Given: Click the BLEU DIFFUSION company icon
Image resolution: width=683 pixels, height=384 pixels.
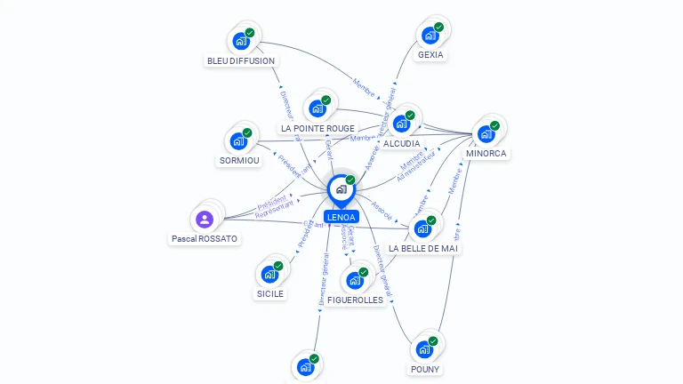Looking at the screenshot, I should (240, 41).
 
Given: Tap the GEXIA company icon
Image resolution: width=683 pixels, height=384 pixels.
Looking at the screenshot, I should (430, 36).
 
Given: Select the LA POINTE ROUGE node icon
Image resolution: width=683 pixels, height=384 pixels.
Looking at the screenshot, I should (317, 109).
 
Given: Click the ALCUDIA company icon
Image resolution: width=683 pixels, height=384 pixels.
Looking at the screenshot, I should (401, 124).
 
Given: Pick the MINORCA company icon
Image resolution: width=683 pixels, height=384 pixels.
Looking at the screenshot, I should (486, 134).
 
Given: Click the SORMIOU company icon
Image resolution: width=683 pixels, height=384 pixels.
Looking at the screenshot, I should (238, 141).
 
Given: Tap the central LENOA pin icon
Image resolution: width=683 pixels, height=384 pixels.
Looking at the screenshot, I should (341, 188).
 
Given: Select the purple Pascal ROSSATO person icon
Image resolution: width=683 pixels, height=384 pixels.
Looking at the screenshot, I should (205, 219).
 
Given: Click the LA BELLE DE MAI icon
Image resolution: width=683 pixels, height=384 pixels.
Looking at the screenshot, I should (422, 228).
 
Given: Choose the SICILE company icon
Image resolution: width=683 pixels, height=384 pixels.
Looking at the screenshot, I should (269, 275).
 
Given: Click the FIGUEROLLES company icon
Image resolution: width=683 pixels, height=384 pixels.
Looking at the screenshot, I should (355, 281).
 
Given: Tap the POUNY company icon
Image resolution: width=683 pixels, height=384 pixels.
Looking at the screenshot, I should (424, 349).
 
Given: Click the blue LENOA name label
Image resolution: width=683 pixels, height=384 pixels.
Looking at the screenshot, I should (341, 217).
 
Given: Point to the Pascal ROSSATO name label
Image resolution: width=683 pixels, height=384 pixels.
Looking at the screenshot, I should (205, 239).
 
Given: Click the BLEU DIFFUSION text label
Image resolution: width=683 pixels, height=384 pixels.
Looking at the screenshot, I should (241, 60).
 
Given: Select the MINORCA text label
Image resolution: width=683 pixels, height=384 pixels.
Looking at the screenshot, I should (486, 154).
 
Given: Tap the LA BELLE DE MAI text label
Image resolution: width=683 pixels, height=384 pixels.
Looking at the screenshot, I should (423, 248).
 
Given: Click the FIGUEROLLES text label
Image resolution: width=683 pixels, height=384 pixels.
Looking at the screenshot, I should (355, 300).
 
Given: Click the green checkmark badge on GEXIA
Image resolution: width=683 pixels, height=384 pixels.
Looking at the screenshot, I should (438, 27).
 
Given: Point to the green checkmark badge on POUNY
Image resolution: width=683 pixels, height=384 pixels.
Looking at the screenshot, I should (433, 340).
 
